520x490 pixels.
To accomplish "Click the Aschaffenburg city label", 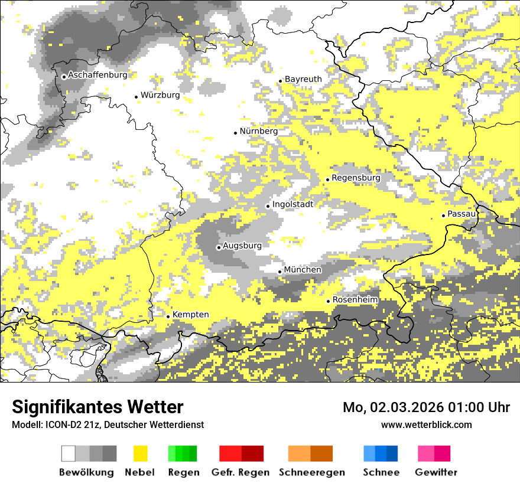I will pyautogui.click(x=97, y=75).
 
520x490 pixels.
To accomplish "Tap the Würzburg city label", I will pyautogui.click(x=160, y=95).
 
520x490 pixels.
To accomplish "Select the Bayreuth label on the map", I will pyautogui.click(x=303, y=79).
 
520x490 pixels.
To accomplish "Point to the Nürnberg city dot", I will pyautogui.click(x=235, y=133).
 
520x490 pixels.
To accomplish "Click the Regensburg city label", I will pyautogui.click(x=356, y=178).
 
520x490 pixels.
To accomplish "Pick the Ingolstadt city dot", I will pyautogui.click(x=268, y=206).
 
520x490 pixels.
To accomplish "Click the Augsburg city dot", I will pyautogui.click(x=219, y=247).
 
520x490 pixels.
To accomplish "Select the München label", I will pyautogui.click(x=303, y=270).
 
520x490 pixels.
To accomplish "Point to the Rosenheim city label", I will pyautogui.click(x=355, y=300).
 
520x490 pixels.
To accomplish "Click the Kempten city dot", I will pyautogui.click(x=168, y=316).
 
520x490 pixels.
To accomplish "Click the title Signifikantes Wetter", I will pyautogui.click(x=97, y=407).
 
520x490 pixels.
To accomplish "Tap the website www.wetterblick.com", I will pyautogui.click(x=427, y=424).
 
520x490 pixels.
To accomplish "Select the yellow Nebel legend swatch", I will pyautogui.click(x=140, y=453).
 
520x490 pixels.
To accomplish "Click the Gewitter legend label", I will pyautogui.click(x=436, y=472).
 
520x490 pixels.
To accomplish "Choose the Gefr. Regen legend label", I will pyautogui.click(x=240, y=472).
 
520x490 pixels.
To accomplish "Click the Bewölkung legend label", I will pyautogui.click(x=86, y=472).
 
